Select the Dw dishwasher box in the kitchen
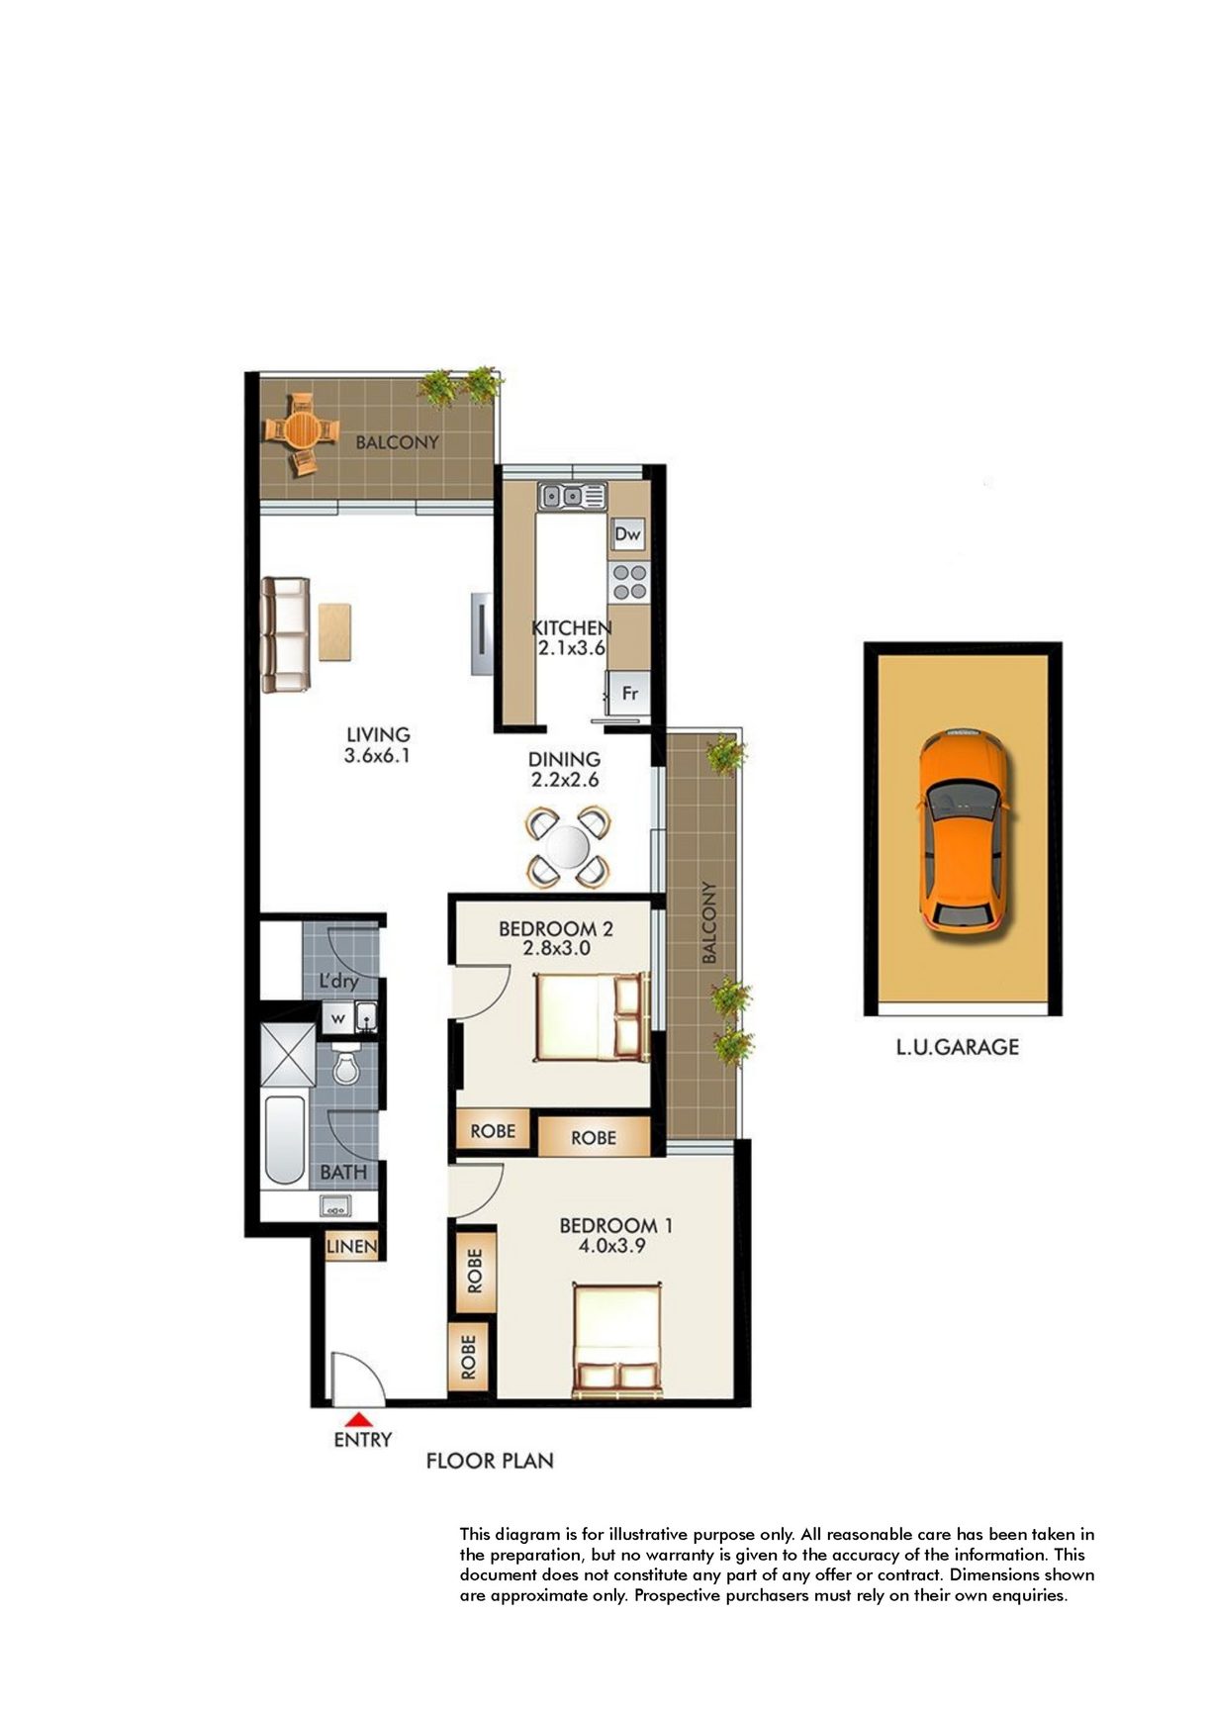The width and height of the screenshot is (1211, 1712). pos(627,534)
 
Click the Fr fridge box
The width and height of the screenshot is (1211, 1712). pos(627,693)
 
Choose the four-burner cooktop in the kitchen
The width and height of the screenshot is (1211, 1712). pos(627,581)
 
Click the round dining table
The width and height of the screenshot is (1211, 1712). pos(567,847)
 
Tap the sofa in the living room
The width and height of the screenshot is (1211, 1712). pos(285,634)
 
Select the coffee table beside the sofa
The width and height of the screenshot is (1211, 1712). pos(334,630)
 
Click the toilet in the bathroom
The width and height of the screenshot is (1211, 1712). pos(345,1063)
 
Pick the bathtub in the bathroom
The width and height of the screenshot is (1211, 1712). pos(284,1139)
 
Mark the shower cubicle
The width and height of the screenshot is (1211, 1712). pos(287,1054)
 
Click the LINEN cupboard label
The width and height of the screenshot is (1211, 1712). pos(351,1246)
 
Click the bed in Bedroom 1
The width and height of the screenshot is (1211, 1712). pos(617,1339)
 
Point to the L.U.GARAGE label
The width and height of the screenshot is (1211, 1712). pos(957,1046)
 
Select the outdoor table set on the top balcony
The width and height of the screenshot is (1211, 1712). pos(300,432)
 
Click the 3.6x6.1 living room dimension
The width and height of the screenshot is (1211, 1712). pos(377,756)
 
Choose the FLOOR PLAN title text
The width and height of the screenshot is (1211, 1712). pos(490,1461)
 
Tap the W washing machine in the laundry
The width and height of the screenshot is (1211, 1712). pos(337,1017)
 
